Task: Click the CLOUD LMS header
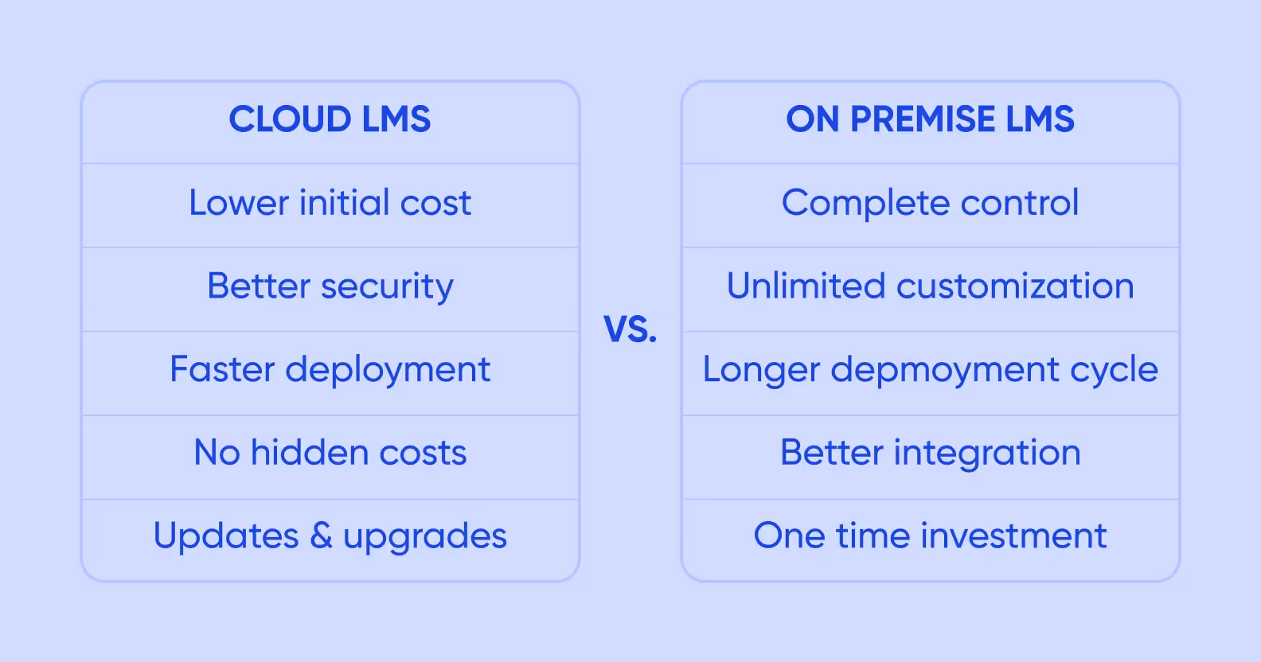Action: pyautogui.click(x=330, y=120)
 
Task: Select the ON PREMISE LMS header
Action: pyautogui.click(x=930, y=120)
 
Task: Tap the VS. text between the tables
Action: pyautogui.click(x=630, y=329)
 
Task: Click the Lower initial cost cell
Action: pyautogui.click(x=330, y=203)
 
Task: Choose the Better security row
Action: pyautogui.click(x=330, y=286)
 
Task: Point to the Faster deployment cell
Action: pyautogui.click(x=330, y=370)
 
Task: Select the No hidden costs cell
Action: pyautogui.click(x=330, y=453)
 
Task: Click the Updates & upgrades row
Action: pyautogui.click(x=330, y=536)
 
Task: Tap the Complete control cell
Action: pyautogui.click(x=930, y=203)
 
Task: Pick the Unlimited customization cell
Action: pyautogui.click(x=930, y=286)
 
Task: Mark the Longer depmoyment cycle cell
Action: pyautogui.click(x=930, y=370)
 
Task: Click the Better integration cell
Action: pyautogui.click(x=930, y=453)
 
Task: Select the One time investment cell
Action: pyautogui.click(x=930, y=536)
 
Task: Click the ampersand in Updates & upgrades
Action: pyautogui.click(x=321, y=536)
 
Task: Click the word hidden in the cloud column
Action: pyautogui.click(x=310, y=453)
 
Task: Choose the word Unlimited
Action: pyautogui.click(x=806, y=286)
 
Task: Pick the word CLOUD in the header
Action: pyautogui.click(x=290, y=120)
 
